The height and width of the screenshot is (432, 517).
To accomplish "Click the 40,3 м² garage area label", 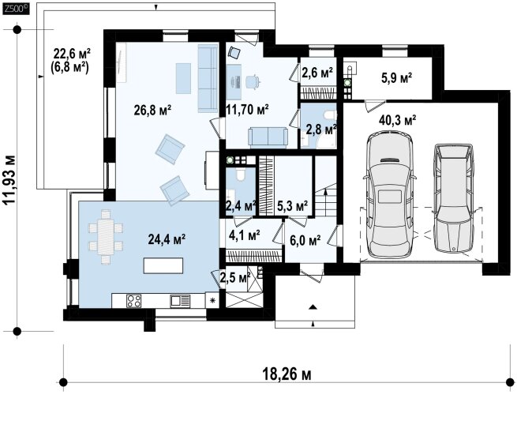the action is click(x=397, y=120).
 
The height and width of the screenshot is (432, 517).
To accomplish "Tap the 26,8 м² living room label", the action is click(x=152, y=111).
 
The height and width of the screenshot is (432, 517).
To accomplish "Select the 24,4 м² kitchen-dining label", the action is click(x=167, y=239).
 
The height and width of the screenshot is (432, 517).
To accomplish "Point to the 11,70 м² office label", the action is click(x=247, y=109).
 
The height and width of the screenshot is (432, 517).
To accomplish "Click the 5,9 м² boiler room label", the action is click(x=396, y=78).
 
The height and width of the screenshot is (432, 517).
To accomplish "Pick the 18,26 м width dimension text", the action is click(x=287, y=374).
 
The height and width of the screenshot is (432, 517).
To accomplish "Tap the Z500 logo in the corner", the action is click(x=16, y=9).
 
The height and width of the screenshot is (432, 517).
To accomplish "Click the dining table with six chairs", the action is click(x=106, y=237).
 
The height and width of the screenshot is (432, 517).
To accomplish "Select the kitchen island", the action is click(x=163, y=265).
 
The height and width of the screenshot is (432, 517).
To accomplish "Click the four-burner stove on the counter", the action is click(x=134, y=301).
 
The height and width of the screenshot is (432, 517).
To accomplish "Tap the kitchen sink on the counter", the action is click(x=180, y=301).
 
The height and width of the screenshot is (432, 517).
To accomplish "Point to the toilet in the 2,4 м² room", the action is click(x=241, y=175).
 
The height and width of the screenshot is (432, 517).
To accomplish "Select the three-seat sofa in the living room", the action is click(x=208, y=78).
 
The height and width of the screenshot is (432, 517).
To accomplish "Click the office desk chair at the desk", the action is click(x=253, y=81).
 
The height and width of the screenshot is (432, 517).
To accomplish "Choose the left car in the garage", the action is click(x=390, y=195).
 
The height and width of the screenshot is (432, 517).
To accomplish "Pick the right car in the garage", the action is click(x=454, y=198).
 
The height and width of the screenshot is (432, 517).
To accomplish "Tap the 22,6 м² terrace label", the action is click(x=72, y=52).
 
